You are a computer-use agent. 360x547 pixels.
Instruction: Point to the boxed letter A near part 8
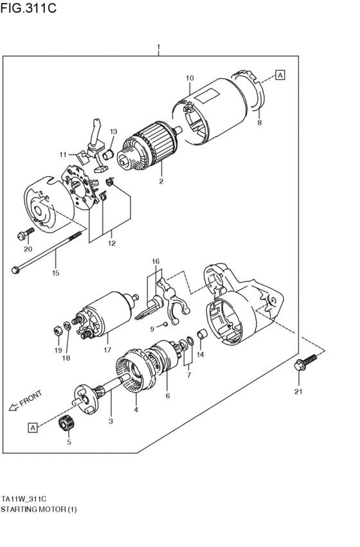(x=281, y=75)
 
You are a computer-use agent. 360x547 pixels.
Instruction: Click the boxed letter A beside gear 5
(x=32, y=427)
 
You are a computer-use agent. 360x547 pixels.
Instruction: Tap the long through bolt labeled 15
(x=48, y=252)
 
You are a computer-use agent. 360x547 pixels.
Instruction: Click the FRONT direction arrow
(x=24, y=401)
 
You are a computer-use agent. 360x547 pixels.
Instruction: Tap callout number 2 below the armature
(x=161, y=181)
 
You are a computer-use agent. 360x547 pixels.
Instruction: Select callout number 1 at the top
(x=158, y=47)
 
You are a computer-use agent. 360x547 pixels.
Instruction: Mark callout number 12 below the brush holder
(x=111, y=243)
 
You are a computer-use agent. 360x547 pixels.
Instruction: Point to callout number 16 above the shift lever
(x=155, y=261)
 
